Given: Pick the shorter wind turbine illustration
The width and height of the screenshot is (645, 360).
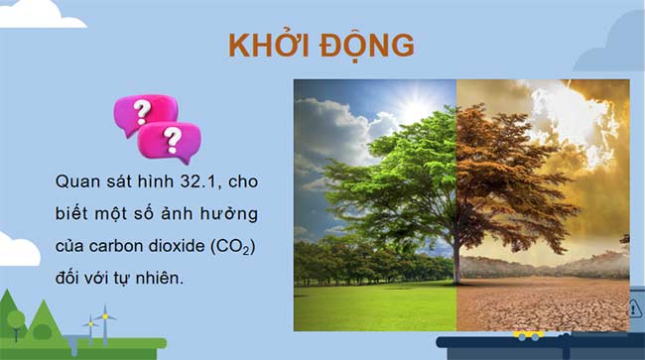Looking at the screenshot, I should coord(89,326).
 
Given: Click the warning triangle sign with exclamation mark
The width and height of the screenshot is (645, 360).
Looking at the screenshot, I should coord(635,308).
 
